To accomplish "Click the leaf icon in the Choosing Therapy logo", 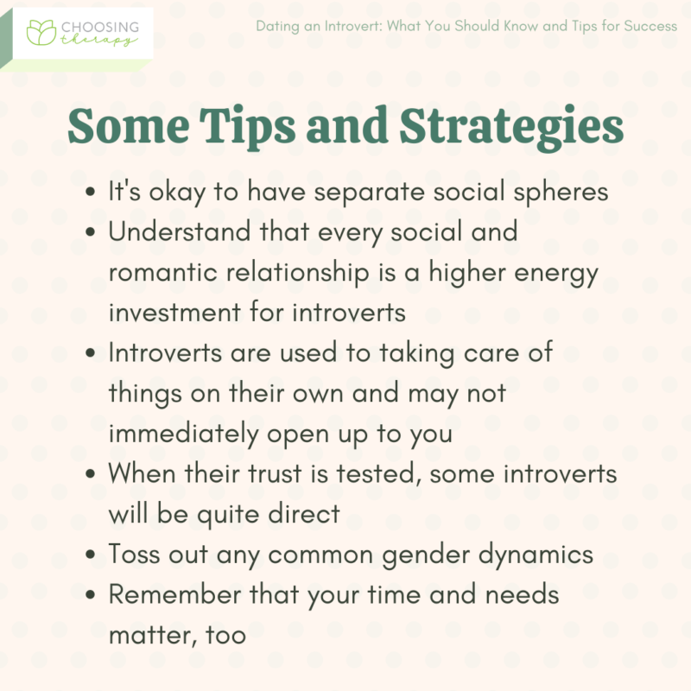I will (x=40, y=32).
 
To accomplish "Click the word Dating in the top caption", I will (x=277, y=26).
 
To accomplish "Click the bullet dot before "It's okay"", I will (x=92, y=193).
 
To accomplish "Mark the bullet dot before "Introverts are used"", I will (x=92, y=354).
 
